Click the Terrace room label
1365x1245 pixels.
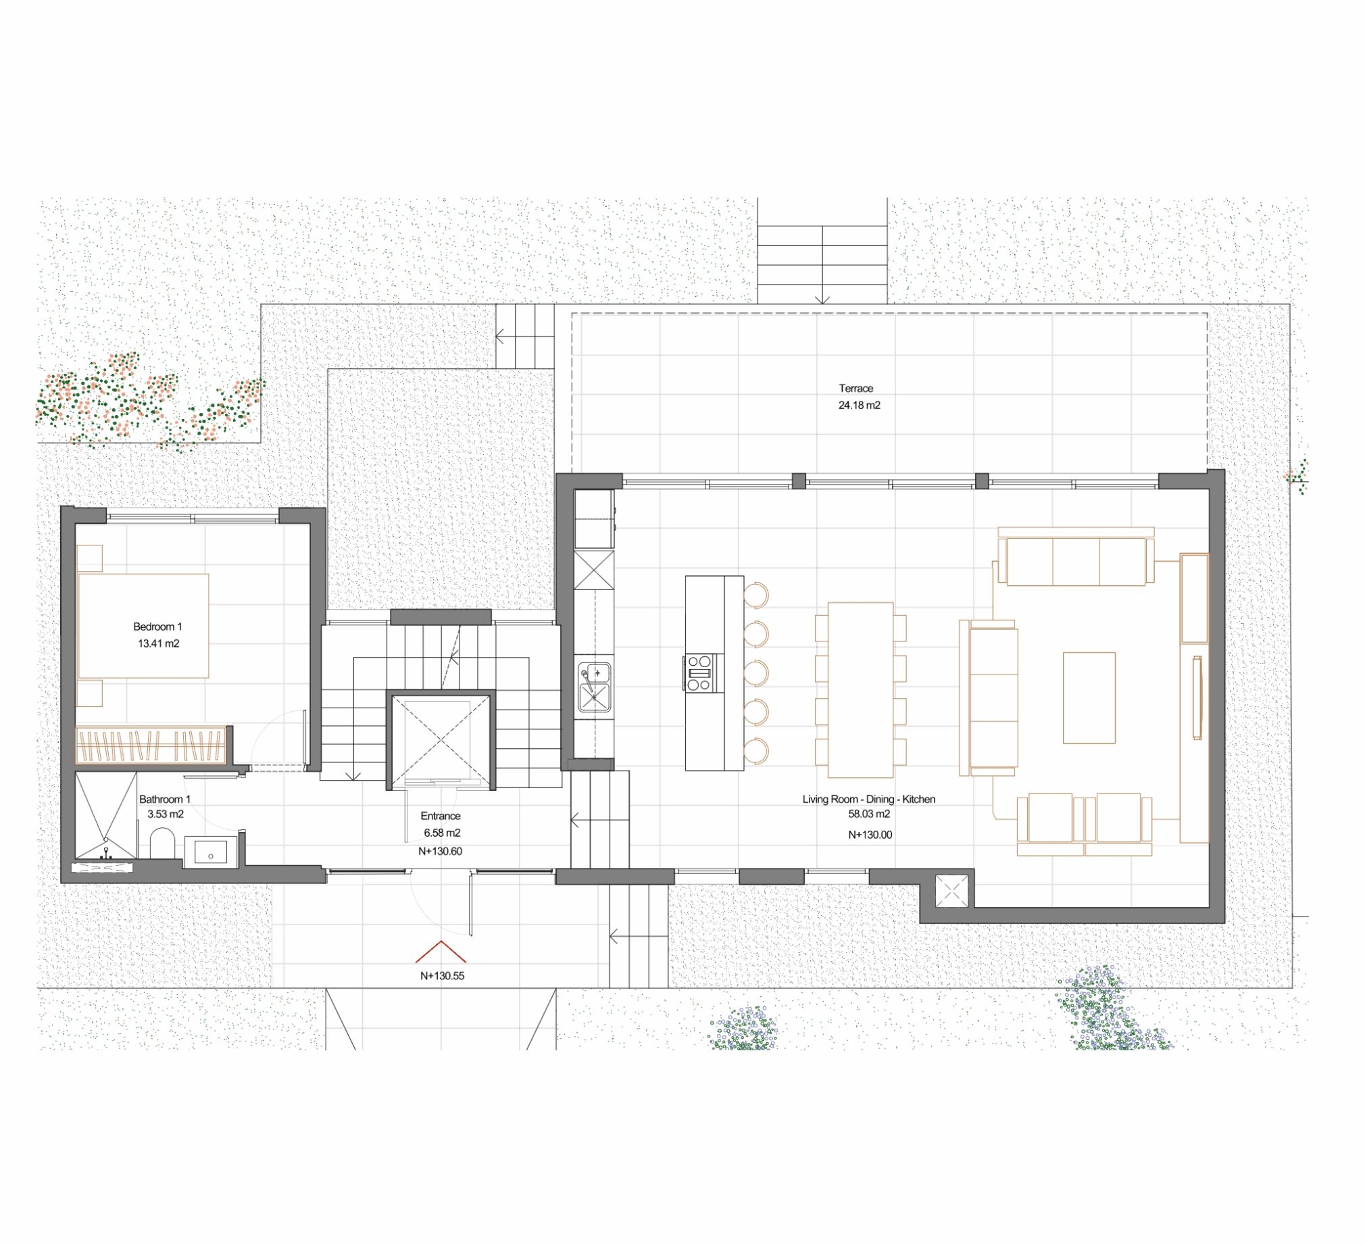click(856, 388)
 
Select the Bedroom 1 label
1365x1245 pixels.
click(157, 627)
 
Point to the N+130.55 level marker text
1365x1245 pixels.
click(442, 976)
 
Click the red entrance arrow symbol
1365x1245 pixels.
click(441, 951)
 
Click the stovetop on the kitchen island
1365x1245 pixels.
click(700, 673)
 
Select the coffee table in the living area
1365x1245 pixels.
click(1089, 698)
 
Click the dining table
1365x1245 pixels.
click(861, 689)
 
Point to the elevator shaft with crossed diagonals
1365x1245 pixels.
click(441, 740)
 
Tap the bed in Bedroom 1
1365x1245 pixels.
click(143, 626)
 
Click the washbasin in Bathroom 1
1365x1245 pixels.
click(211, 852)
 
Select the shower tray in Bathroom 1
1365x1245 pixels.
click(105, 816)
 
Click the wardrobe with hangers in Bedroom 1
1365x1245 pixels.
click(150, 745)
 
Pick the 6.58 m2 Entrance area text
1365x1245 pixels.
click(442, 833)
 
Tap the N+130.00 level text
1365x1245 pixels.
click(870, 835)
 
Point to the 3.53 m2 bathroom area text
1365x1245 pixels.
click(165, 814)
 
